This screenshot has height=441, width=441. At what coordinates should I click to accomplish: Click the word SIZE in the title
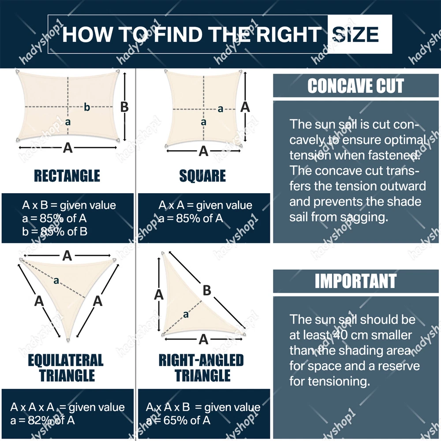355,34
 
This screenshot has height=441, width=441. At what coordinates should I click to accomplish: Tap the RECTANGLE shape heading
67,176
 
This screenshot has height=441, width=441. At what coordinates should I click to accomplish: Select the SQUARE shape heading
202,176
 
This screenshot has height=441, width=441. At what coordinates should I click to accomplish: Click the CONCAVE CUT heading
356,86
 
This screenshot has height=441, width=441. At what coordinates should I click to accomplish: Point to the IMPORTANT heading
356,280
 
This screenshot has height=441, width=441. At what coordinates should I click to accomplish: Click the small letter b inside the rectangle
87,107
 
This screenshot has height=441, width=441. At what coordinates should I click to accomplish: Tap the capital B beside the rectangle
124,107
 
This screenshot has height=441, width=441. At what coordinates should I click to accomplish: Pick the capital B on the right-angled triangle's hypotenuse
207,290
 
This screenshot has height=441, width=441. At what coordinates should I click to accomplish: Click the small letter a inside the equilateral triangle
56,280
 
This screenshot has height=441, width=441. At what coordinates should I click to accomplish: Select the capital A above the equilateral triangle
67,256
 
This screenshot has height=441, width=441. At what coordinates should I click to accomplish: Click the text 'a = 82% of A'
43,420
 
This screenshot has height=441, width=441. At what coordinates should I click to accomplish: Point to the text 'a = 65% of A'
178,420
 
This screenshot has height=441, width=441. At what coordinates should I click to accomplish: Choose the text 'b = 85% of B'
55,232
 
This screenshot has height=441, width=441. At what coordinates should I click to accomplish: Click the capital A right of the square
245,107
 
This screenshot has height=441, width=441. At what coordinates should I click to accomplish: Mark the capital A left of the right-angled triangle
159,295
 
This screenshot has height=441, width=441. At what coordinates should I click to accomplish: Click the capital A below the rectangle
67,147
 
